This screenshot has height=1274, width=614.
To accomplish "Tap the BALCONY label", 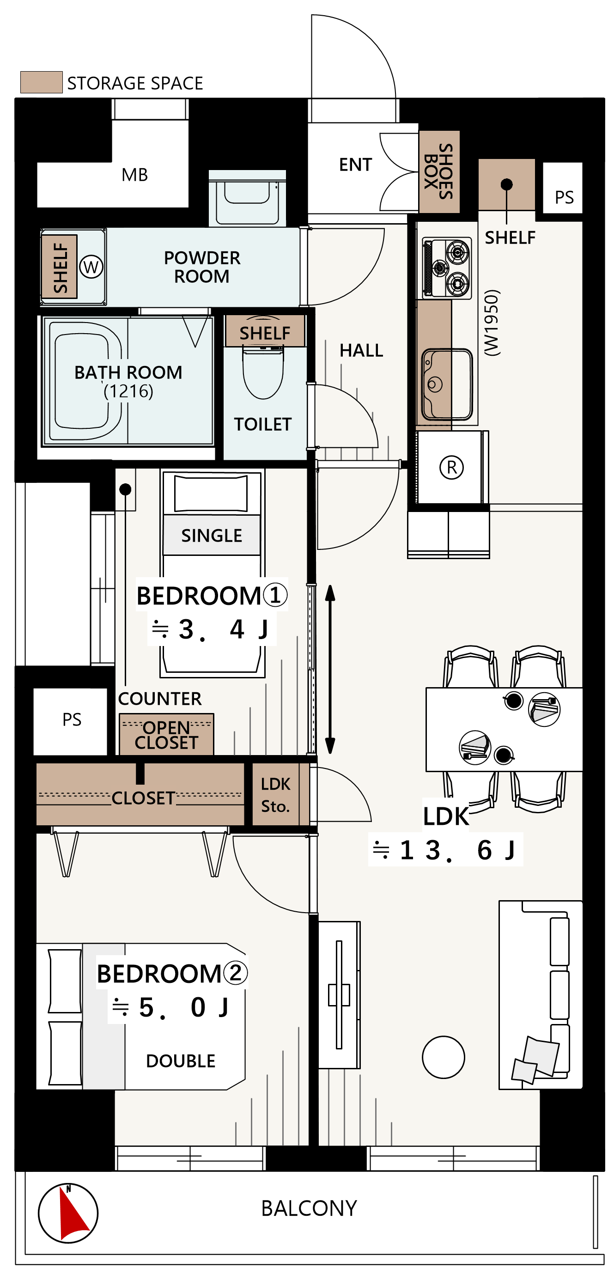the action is pos(309,1208).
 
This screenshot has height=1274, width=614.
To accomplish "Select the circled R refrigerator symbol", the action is pos(451,467).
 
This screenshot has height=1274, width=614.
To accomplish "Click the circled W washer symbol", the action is pos(91,267).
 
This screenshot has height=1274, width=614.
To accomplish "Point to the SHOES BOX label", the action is pos(438,171).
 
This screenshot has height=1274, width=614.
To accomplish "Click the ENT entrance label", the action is pos(355,165).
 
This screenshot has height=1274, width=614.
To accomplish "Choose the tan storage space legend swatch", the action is pos(42,82).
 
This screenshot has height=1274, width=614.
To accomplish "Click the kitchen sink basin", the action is pos(447,384).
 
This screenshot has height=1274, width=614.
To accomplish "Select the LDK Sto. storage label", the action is pos(275,795).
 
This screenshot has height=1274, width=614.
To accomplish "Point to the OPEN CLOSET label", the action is pos(166,735).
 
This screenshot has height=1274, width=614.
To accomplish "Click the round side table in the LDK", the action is pos(444,1057).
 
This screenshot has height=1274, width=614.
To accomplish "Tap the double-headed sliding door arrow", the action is pos(330,669).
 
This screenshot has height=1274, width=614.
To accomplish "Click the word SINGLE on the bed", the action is pos(212,536).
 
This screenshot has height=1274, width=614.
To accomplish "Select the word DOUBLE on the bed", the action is pos(181,1061).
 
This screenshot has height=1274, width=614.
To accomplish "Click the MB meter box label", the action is pos(135,175).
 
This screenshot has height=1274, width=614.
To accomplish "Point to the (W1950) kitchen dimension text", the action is pos(492,323).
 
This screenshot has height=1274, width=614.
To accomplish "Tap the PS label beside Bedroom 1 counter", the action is pos(72,719).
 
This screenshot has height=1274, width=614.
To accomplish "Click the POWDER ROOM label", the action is pos(202,267).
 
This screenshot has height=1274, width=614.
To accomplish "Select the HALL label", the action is pos(361,351).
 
